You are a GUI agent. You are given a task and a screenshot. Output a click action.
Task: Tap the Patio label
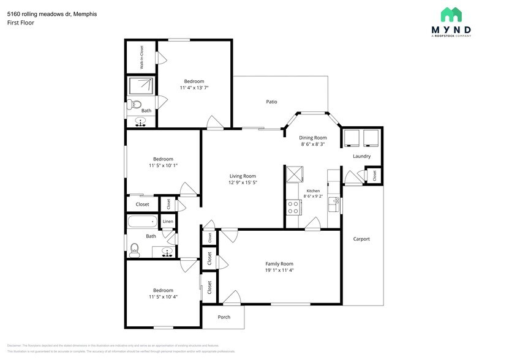tap(271, 102)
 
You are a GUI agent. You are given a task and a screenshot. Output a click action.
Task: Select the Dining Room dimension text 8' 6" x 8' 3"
tap(313, 145)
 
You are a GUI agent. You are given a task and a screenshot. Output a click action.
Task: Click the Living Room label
tap(243, 176)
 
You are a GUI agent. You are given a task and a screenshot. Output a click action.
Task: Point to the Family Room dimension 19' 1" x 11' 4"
tap(279, 271)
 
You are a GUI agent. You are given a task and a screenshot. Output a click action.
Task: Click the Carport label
tap(361, 239)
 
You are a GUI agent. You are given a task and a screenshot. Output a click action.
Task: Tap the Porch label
tap(224, 317)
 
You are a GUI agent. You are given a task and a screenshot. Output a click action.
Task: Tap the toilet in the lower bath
tap(135, 249)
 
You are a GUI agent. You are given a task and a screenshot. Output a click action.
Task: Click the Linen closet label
tap(168, 221)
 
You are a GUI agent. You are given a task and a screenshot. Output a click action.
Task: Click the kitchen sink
tap(334, 202)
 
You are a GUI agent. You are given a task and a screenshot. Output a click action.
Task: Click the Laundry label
tap(361, 156)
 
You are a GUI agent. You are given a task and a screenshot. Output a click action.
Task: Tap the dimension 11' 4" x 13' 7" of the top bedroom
tap(194, 88)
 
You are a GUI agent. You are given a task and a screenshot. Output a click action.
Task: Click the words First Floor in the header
tap(20, 23)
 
